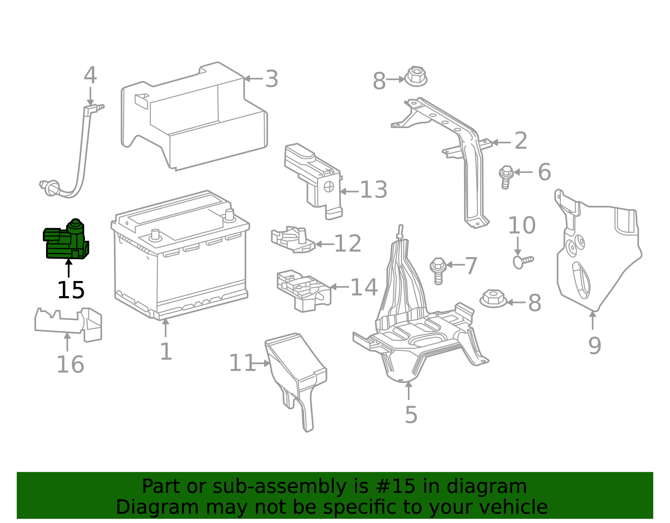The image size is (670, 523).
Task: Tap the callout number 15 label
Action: (x=71, y=290)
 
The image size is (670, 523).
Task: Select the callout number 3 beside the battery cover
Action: (x=272, y=79)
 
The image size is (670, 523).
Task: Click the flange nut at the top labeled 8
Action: (x=415, y=77)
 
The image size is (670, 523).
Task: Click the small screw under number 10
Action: (x=523, y=261)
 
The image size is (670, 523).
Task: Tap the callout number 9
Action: (x=595, y=346)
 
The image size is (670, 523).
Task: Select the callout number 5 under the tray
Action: (x=411, y=415)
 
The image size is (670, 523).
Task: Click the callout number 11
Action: (x=242, y=363)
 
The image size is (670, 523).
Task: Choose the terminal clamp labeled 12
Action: (x=293, y=240)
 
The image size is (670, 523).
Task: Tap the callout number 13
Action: (x=374, y=190)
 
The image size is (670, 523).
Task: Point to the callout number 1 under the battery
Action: (x=166, y=352)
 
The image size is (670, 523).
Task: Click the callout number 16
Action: (x=70, y=364)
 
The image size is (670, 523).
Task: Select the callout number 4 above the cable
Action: (x=90, y=76)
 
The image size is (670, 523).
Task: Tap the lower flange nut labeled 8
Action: (x=493, y=299)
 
